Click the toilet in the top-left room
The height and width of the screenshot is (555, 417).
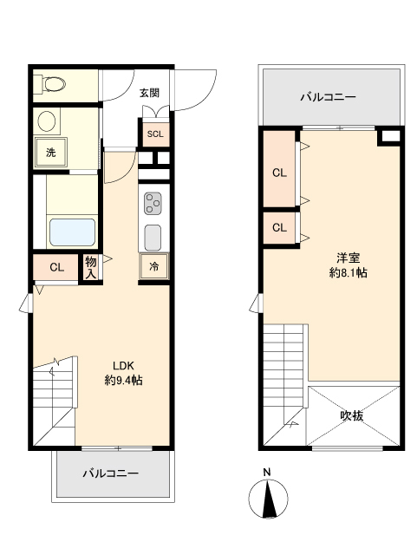[51, 84]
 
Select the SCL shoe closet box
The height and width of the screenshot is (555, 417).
[154, 134]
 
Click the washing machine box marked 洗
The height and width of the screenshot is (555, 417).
[50, 153]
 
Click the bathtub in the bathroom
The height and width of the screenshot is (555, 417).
[71, 232]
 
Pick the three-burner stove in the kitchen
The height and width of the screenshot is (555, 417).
[153, 204]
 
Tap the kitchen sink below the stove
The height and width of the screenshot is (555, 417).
[153, 237]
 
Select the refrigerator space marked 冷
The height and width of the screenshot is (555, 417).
[153, 267]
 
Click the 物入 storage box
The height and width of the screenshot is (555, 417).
[90, 267]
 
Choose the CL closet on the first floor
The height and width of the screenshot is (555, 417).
[56, 267]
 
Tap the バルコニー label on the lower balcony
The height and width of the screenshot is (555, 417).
[111, 473]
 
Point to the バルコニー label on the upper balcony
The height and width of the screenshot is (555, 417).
[329, 96]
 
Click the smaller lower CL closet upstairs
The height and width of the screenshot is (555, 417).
[279, 228]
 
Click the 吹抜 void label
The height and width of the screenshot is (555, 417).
[351, 415]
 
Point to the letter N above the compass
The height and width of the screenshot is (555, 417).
[268, 473]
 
